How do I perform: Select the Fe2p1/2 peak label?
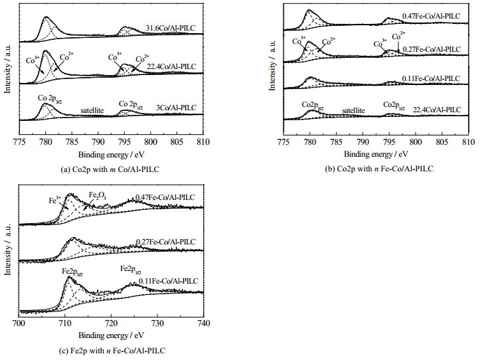tap(131, 269)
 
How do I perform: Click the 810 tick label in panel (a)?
tap(203, 142)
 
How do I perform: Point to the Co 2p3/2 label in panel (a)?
tap(50, 98)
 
